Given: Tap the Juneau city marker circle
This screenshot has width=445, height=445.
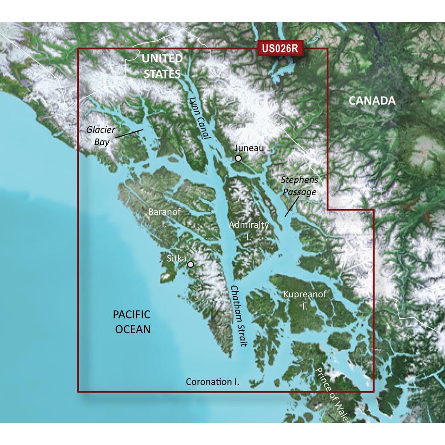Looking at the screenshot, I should pos(239,158).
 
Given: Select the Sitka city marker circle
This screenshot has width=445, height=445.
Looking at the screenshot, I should pos(191,264).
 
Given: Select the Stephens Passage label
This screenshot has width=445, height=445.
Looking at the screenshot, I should pos(299,186).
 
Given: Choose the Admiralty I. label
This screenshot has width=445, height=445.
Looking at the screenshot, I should pos(249,231).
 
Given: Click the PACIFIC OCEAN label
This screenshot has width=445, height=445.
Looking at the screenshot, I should pos(132,322).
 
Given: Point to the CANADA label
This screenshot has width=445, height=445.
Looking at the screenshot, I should pos(372,101).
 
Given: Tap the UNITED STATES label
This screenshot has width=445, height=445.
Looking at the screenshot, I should pos(162,66).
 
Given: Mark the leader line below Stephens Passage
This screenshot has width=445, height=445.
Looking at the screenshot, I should pos(291,207).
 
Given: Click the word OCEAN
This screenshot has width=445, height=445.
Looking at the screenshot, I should pos(132,329).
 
